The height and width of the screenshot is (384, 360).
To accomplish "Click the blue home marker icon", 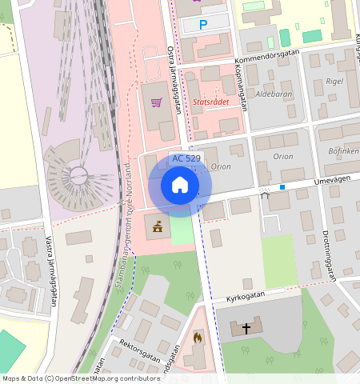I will point(180,186).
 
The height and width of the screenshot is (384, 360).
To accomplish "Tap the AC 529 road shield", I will point(186,158).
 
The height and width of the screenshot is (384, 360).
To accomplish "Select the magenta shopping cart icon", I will point(156,102).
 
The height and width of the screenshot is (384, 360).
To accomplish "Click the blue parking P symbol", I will point(202,26).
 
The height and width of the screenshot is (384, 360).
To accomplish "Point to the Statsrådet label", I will point(211,102).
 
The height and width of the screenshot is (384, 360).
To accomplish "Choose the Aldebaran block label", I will point(274,94).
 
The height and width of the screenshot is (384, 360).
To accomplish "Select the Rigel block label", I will point(334,82).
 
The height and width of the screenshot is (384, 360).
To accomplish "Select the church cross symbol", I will point(246,328).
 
